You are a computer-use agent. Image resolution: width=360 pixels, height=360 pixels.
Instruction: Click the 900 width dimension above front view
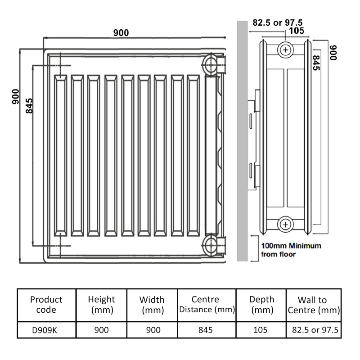coord(121,32)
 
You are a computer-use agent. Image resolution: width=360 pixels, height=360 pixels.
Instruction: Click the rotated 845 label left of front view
coord(29,106)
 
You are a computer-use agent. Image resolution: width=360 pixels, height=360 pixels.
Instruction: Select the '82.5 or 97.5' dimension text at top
coord(277,22)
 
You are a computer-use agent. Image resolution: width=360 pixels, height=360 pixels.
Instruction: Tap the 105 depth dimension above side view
coord(296,31)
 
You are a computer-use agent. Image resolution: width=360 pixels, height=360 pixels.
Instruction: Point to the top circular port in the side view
coord(285,49)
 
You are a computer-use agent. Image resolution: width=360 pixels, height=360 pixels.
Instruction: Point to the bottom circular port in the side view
coord(285,223)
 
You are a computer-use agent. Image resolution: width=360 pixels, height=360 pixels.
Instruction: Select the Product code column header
coord(46,305)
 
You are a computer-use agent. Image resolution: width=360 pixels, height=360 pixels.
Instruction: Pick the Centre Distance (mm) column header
coord(205,305)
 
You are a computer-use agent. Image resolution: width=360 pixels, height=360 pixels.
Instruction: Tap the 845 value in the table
coord(205,330)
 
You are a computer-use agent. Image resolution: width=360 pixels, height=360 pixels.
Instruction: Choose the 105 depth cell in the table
coord(261,330)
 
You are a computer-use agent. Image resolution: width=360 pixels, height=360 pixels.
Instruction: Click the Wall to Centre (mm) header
coord(313,305)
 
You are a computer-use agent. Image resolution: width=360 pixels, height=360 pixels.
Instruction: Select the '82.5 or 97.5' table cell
coord(313,330)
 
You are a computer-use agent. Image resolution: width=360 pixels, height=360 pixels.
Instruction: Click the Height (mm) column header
coord(101,305)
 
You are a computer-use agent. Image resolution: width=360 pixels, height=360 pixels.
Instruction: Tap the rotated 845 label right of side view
coord(316,63)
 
